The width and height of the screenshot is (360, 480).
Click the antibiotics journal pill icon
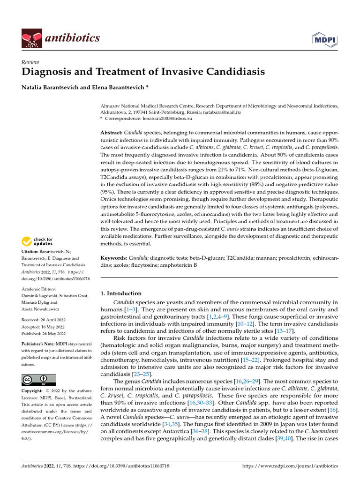(31, 38)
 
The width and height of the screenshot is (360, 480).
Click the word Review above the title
(30, 62)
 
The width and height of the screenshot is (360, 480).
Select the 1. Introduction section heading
(121, 293)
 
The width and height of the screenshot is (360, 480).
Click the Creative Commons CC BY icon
(38, 380)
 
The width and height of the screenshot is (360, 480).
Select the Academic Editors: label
(38, 289)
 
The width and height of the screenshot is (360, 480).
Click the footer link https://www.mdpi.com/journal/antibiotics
(289, 466)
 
